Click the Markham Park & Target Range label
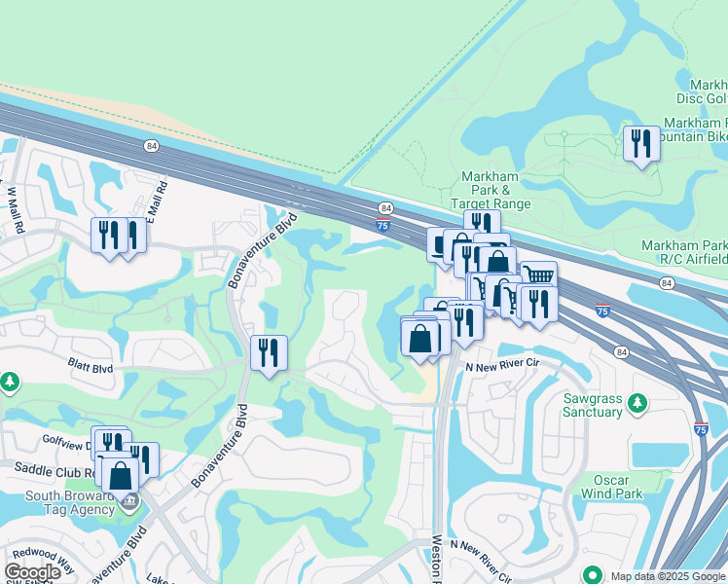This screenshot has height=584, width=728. pos(491,191)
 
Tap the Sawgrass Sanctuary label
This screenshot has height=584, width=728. pos(594,405)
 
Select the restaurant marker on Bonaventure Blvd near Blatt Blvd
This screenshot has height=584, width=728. pos(269,351)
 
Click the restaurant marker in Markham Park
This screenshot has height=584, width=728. pos(640,143)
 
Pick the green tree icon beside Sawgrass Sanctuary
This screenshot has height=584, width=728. pos(637,402)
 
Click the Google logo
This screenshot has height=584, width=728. pos(32,572)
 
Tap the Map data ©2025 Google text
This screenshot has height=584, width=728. pos(668,575)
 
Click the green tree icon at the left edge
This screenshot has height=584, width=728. pos(9,381)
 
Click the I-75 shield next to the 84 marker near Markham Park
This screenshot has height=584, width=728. pos(384,225)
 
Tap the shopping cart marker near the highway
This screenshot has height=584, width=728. pos(538,275)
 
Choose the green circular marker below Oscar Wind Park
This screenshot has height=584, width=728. pos(590,574)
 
